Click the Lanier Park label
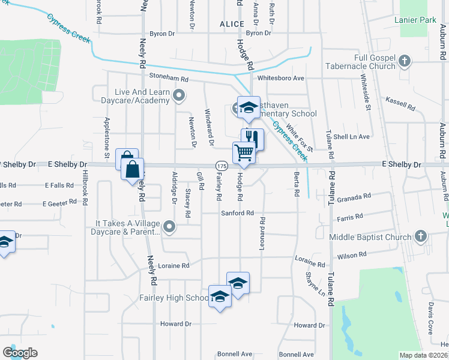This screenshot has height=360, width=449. point(415,20)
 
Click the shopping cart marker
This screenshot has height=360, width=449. point(244,152)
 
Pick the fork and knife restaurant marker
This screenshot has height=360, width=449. point(252,139)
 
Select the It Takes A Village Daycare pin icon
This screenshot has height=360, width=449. point(170,227)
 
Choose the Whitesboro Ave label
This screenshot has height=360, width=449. point(281,79)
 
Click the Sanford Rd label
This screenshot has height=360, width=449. point(238,213)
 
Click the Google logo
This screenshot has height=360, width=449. point(20,352)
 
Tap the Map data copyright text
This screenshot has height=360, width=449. point(423,355)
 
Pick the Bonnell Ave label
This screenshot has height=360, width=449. point(296,355)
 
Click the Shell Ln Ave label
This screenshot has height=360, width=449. point(356,137)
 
